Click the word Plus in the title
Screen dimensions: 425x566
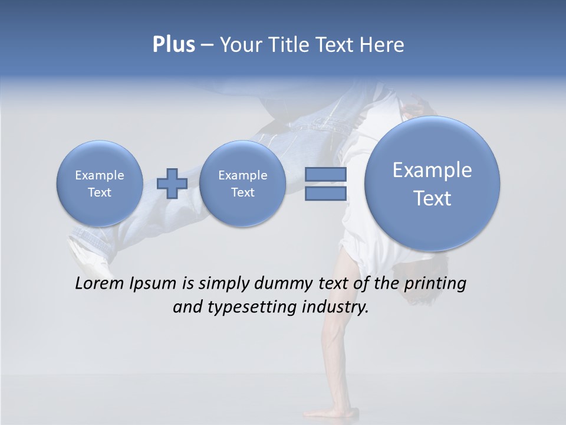173,45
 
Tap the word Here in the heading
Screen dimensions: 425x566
383,45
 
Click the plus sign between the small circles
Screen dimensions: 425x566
172,184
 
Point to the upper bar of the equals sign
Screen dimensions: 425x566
325,174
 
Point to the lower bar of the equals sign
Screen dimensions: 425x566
325,194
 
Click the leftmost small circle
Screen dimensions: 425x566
99,184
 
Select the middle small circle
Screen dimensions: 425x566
242,184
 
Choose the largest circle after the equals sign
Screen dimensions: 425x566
432,184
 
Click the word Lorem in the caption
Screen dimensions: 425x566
96,283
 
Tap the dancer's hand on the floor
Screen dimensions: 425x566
330,412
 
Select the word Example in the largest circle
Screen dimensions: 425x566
432,170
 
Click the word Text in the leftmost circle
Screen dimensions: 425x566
99,192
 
